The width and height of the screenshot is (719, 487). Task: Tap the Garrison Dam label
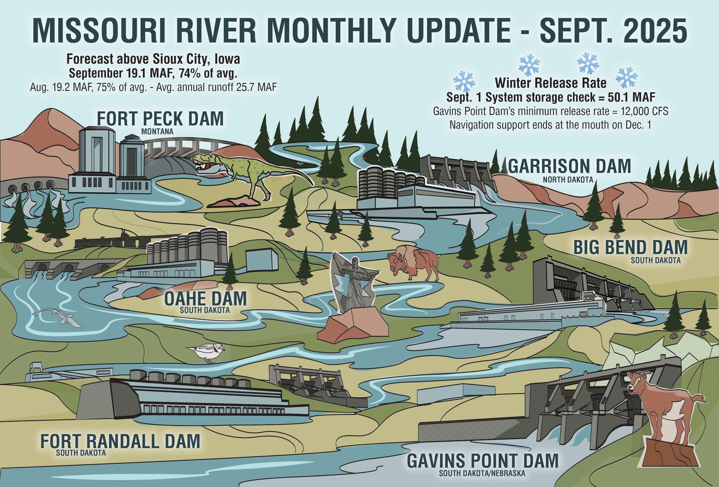click(x=569, y=166)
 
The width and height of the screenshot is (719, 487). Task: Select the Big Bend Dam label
click(x=631, y=247)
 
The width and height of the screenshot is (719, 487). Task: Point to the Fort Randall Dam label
click(x=120, y=442)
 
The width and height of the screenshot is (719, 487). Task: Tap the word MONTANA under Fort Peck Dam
click(x=157, y=131)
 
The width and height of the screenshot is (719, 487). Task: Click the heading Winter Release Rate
click(x=551, y=83)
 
